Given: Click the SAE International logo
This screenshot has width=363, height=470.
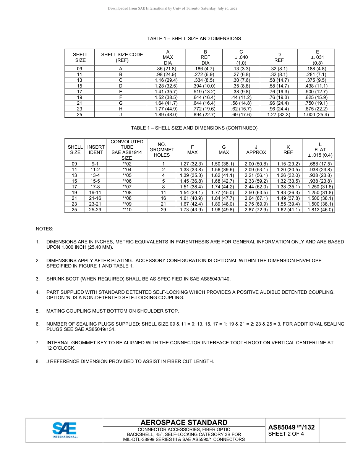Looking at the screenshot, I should coord(65,430).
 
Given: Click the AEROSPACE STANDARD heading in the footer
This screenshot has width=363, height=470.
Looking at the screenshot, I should coord(184,422).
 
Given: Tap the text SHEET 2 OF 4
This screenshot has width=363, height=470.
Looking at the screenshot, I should coord(286,434).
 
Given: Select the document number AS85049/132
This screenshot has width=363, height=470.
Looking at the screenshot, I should coord(291,427).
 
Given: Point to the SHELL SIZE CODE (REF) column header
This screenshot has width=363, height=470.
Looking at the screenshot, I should coord(122,57).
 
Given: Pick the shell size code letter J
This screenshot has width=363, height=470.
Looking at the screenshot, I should coord(121,115).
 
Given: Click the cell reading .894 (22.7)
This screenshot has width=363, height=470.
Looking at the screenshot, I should coord(205,115).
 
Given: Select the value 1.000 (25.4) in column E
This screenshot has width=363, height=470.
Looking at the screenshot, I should coord(316,115).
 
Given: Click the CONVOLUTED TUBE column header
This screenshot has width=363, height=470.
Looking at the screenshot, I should coord(127,150).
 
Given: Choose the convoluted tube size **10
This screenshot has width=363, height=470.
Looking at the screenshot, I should coord(127,210).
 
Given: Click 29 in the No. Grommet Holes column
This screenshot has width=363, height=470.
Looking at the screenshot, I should coord(164,210).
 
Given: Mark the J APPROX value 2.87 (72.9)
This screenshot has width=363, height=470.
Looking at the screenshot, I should coord(256,210).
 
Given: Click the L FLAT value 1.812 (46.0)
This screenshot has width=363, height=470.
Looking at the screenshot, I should coord(320,210).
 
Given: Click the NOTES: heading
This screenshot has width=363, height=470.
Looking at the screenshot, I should coord(44,229).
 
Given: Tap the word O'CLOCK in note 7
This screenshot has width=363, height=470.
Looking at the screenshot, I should coord(61,348).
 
